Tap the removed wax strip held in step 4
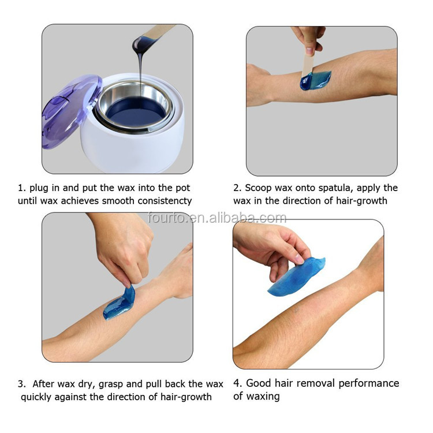coord(297,276)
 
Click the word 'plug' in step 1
coord(40,188)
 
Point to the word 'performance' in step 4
coord(369,383)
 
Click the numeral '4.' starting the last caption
coord(238,383)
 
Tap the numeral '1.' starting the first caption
coord(22,188)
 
